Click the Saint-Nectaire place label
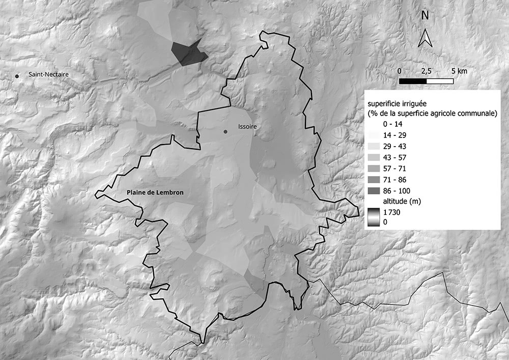(48, 75)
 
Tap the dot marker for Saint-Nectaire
(17, 76)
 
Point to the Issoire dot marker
(225, 132)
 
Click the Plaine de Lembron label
(155, 193)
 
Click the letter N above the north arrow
(425, 16)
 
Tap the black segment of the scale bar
(413, 80)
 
